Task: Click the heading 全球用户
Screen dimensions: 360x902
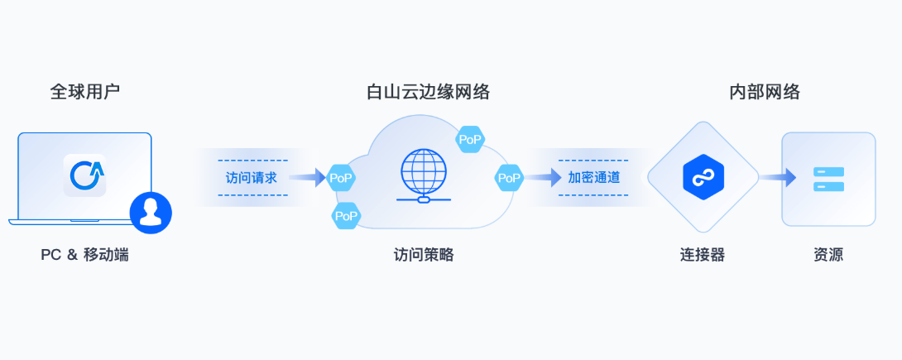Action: pyautogui.click(x=84, y=92)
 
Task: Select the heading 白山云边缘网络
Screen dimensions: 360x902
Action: pyautogui.click(x=428, y=92)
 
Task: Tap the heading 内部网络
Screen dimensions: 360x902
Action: pyautogui.click(x=765, y=92)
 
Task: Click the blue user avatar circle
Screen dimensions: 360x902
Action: pyautogui.click(x=151, y=213)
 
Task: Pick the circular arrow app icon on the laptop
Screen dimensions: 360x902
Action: pyautogui.click(x=85, y=175)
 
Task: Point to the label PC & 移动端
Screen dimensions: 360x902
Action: pyautogui.click(x=84, y=255)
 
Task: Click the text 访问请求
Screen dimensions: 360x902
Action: pyautogui.click(x=251, y=177)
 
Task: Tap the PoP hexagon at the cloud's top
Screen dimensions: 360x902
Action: pyautogui.click(x=470, y=140)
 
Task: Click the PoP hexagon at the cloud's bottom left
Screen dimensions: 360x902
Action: pyautogui.click(x=346, y=217)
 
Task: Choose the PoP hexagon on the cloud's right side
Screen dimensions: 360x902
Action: pyautogui.click(x=509, y=177)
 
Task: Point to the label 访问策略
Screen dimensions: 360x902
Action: pyautogui.click(x=424, y=255)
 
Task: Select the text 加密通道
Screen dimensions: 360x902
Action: pyautogui.click(x=593, y=177)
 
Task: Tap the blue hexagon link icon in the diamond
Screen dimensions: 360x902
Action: pyautogui.click(x=703, y=177)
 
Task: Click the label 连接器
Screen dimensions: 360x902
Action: pyautogui.click(x=703, y=255)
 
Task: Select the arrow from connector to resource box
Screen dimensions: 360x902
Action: pyautogui.click(x=777, y=177)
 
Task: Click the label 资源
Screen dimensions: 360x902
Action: pyautogui.click(x=828, y=255)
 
